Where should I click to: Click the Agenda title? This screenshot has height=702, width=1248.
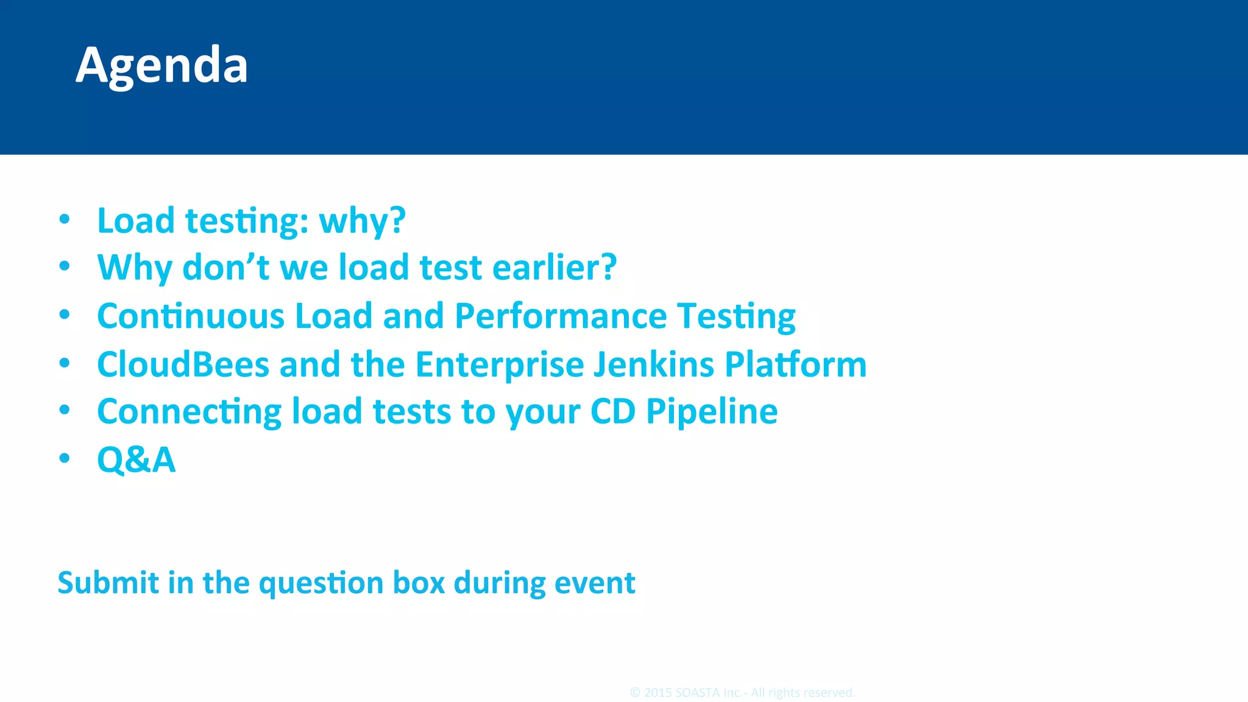[161, 66]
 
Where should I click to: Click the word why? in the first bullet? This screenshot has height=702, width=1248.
[362, 221]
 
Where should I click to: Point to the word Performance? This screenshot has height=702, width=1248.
[561, 316]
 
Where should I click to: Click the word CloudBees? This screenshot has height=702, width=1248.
[183, 364]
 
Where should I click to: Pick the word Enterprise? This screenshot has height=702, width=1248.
[499, 364]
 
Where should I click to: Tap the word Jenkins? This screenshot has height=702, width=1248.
[653, 364]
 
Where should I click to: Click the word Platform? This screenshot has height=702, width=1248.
[795, 364]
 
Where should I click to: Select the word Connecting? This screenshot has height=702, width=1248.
[189, 412]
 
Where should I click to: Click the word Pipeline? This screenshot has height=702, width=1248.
[711, 412]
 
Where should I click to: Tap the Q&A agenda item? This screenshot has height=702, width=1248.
[136, 459]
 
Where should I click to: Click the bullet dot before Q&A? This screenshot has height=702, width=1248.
[65, 458]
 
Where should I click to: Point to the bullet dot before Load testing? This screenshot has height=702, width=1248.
[65, 219]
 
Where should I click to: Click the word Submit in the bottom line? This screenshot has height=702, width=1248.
[108, 583]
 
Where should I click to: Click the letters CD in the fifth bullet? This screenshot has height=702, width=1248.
[612, 412]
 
